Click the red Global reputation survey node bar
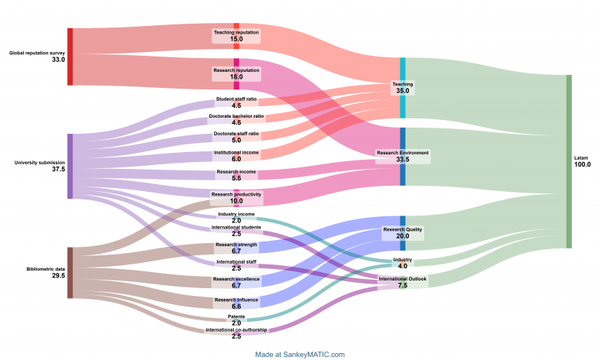(x=70, y=57)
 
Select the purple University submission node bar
(x=70, y=166)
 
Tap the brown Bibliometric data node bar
(x=70, y=272)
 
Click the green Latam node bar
(x=568, y=161)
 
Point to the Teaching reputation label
(x=236, y=32)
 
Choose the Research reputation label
(x=236, y=70)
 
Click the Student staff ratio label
(x=236, y=99)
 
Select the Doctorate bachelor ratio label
(x=236, y=116)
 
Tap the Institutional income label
(x=236, y=152)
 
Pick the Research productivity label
(x=236, y=194)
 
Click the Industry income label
(x=236, y=214)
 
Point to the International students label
(x=236, y=227)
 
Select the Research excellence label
(x=236, y=280)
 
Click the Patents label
(x=236, y=316)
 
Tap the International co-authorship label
(x=236, y=329)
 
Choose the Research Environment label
(x=403, y=153)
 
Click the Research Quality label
(x=403, y=229)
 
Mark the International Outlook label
(x=403, y=278)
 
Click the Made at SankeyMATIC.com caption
(x=300, y=354)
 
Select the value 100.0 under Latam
(x=582, y=164)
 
